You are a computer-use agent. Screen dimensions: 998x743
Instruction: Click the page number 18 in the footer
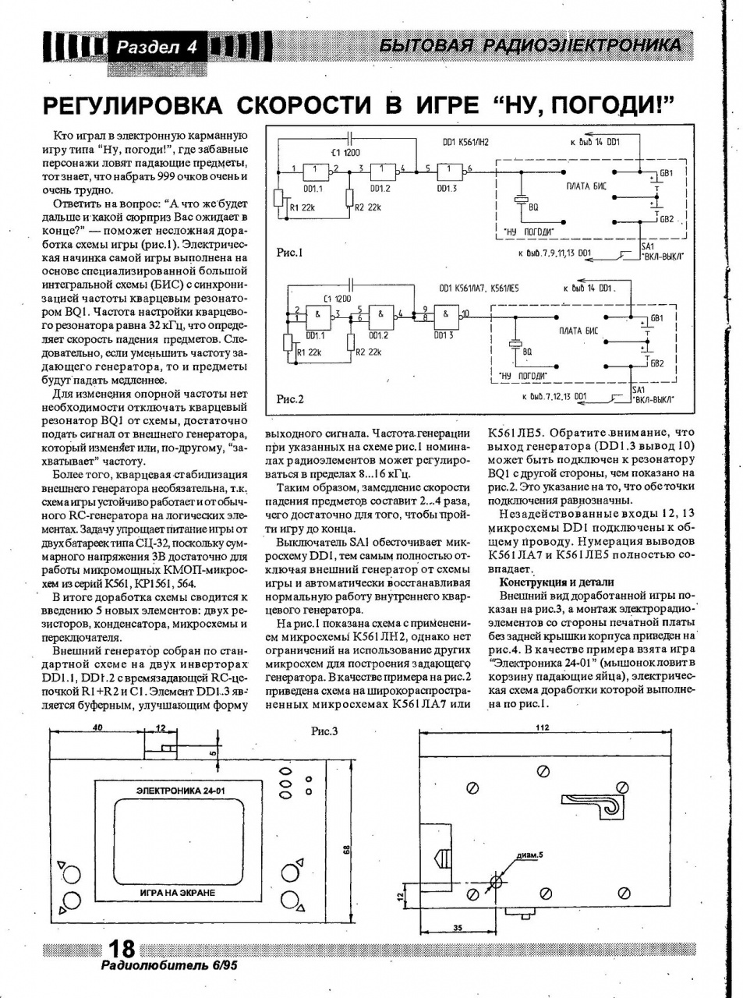click(x=122, y=948)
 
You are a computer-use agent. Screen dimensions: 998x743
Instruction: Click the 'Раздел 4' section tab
click(x=157, y=47)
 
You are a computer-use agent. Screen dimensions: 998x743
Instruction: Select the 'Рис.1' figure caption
click(x=290, y=253)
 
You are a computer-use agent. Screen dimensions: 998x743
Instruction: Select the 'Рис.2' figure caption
click(x=290, y=399)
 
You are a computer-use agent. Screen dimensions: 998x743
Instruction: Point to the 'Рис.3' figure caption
click(x=324, y=731)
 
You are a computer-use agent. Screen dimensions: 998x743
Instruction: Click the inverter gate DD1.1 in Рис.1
click(x=317, y=171)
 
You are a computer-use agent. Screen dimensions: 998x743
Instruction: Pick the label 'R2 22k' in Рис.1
click(x=368, y=207)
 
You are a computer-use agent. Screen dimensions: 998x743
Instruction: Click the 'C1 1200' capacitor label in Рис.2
click(x=337, y=299)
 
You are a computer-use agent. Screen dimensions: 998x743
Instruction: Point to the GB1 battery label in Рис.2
click(x=656, y=318)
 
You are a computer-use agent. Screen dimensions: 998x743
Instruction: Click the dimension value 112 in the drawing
click(x=543, y=727)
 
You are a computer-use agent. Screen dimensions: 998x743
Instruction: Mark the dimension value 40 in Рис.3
click(x=97, y=727)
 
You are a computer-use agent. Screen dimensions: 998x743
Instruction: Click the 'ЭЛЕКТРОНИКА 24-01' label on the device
click(x=180, y=791)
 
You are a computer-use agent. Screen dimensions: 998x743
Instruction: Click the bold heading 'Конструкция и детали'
click(x=557, y=582)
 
